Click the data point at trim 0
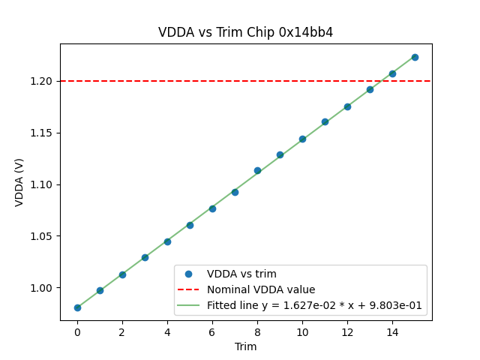[x=77, y=307]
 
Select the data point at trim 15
[x=415, y=57]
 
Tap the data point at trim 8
[x=257, y=170]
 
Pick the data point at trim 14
[x=392, y=73]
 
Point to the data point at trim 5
[x=190, y=225]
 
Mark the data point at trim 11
[x=325, y=121]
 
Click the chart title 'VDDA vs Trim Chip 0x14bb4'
[x=245, y=33]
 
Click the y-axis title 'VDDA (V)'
[x=19, y=182]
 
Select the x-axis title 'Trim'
[x=245, y=346]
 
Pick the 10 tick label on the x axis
[x=302, y=332]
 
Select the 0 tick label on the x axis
[x=77, y=332]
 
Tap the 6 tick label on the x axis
[x=212, y=332]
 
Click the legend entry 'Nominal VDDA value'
[x=261, y=289]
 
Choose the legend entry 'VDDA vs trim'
[x=241, y=274]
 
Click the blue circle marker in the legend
[x=189, y=274]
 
